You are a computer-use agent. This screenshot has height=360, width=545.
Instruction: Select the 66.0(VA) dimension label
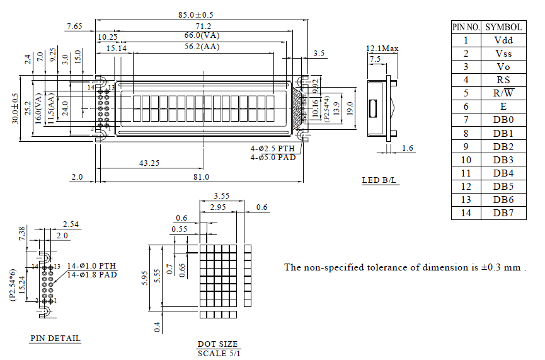[x=202, y=36]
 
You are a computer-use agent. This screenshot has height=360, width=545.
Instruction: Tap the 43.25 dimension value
[x=149, y=163]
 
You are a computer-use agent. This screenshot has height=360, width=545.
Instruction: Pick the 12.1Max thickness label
[x=382, y=49]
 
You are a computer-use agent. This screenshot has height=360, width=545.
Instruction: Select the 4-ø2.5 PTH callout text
[x=273, y=149]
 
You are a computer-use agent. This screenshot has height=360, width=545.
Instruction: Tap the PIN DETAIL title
[x=55, y=338]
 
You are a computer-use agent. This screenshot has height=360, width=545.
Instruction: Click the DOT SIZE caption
[x=218, y=344]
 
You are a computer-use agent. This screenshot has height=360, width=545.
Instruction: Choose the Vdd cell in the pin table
[x=503, y=40]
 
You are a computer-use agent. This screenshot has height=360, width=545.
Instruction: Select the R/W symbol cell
[x=503, y=93]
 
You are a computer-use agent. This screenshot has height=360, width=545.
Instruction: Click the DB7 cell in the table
[x=503, y=213]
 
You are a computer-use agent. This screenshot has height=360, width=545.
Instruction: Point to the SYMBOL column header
[x=503, y=26]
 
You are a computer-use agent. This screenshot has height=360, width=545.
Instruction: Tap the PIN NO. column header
[x=466, y=26]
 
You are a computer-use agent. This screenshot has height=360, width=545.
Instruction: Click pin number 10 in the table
[x=466, y=160]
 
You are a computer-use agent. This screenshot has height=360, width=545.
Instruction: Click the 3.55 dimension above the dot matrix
[x=221, y=196]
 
